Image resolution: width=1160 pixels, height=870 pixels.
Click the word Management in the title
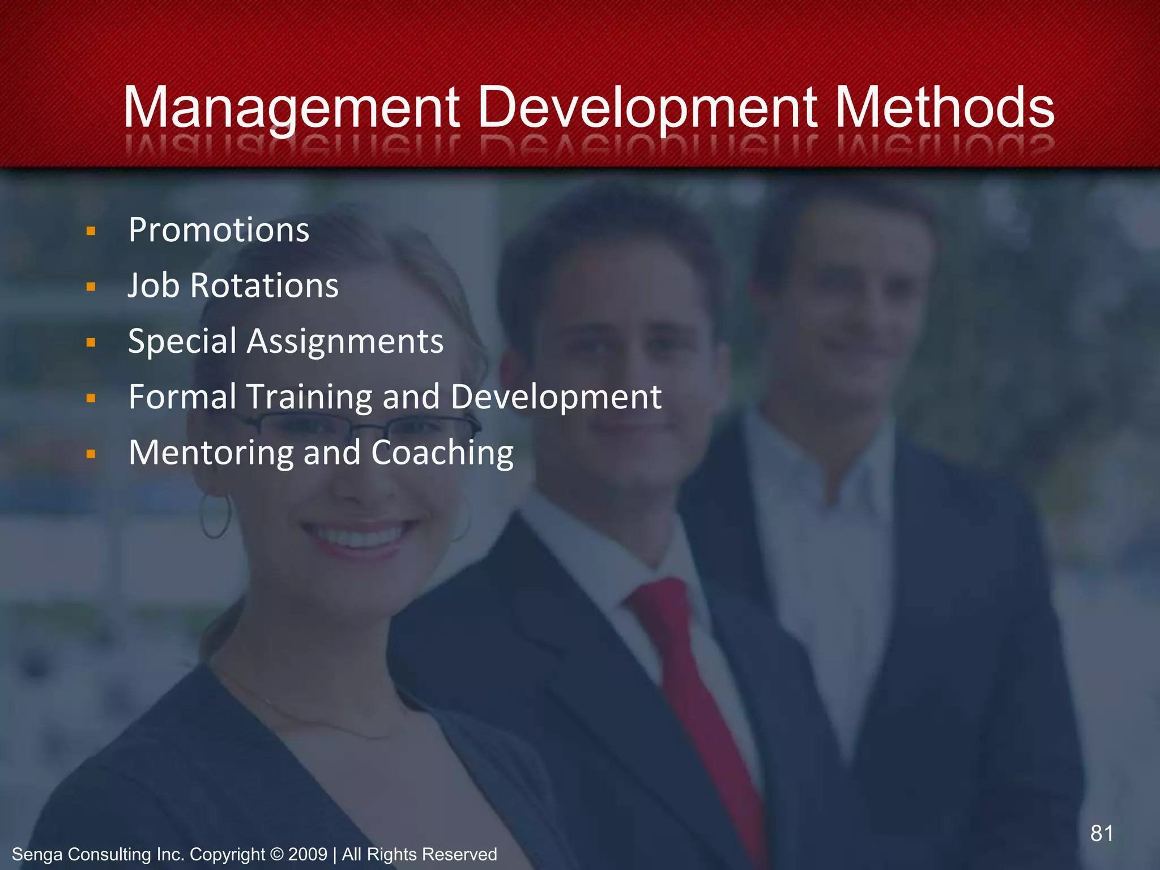coord(291,108)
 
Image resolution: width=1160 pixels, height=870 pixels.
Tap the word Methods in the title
coord(944,108)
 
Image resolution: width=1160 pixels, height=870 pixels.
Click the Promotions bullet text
coord(219,230)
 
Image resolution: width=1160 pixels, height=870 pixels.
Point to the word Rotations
coord(264,285)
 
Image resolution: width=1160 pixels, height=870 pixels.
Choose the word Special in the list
coord(182,342)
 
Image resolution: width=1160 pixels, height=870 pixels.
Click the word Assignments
coord(345,342)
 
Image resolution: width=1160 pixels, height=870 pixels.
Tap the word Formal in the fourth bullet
coord(182,396)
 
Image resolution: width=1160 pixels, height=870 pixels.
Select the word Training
coord(309,397)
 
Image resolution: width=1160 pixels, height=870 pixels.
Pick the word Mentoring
coord(211,453)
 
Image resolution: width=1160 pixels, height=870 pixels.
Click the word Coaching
coord(442,453)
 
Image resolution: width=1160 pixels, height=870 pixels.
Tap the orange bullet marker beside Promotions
coord(91,231)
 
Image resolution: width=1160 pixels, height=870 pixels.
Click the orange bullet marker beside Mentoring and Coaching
coord(91,453)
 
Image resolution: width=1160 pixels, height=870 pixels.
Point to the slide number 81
coord(1102,833)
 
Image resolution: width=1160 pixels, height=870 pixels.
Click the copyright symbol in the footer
coord(277,854)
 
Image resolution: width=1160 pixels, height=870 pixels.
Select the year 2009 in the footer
coord(308,854)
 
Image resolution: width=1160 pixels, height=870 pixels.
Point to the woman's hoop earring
coord(216,516)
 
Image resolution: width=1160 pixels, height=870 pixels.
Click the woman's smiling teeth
coord(360,535)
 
